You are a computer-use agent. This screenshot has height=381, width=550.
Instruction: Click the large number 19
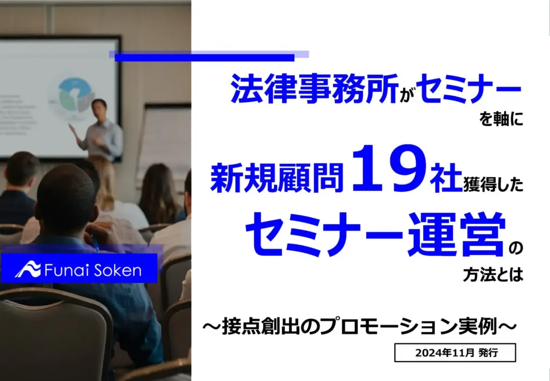(x=390, y=168)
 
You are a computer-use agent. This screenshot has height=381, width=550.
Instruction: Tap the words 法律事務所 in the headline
(x=315, y=88)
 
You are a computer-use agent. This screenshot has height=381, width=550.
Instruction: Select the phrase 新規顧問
(x=277, y=178)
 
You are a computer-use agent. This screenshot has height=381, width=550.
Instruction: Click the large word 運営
(x=456, y=234)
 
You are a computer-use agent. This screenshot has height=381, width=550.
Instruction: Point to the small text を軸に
(x=501, y=119)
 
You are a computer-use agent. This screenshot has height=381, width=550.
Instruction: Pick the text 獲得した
(x=493, y=184)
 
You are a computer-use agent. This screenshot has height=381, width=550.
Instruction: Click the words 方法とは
(x=493, y=275)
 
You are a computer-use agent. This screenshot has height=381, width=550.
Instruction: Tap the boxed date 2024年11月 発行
(x=455, y=353)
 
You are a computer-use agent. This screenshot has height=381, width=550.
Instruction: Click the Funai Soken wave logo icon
(x=28, y=269)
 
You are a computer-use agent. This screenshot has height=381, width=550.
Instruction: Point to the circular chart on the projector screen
(x=74, y=95)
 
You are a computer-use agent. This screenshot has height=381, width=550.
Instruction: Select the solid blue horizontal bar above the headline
(x=205, y=57)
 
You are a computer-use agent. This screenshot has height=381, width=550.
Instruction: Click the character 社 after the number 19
(x=446, y=178)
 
